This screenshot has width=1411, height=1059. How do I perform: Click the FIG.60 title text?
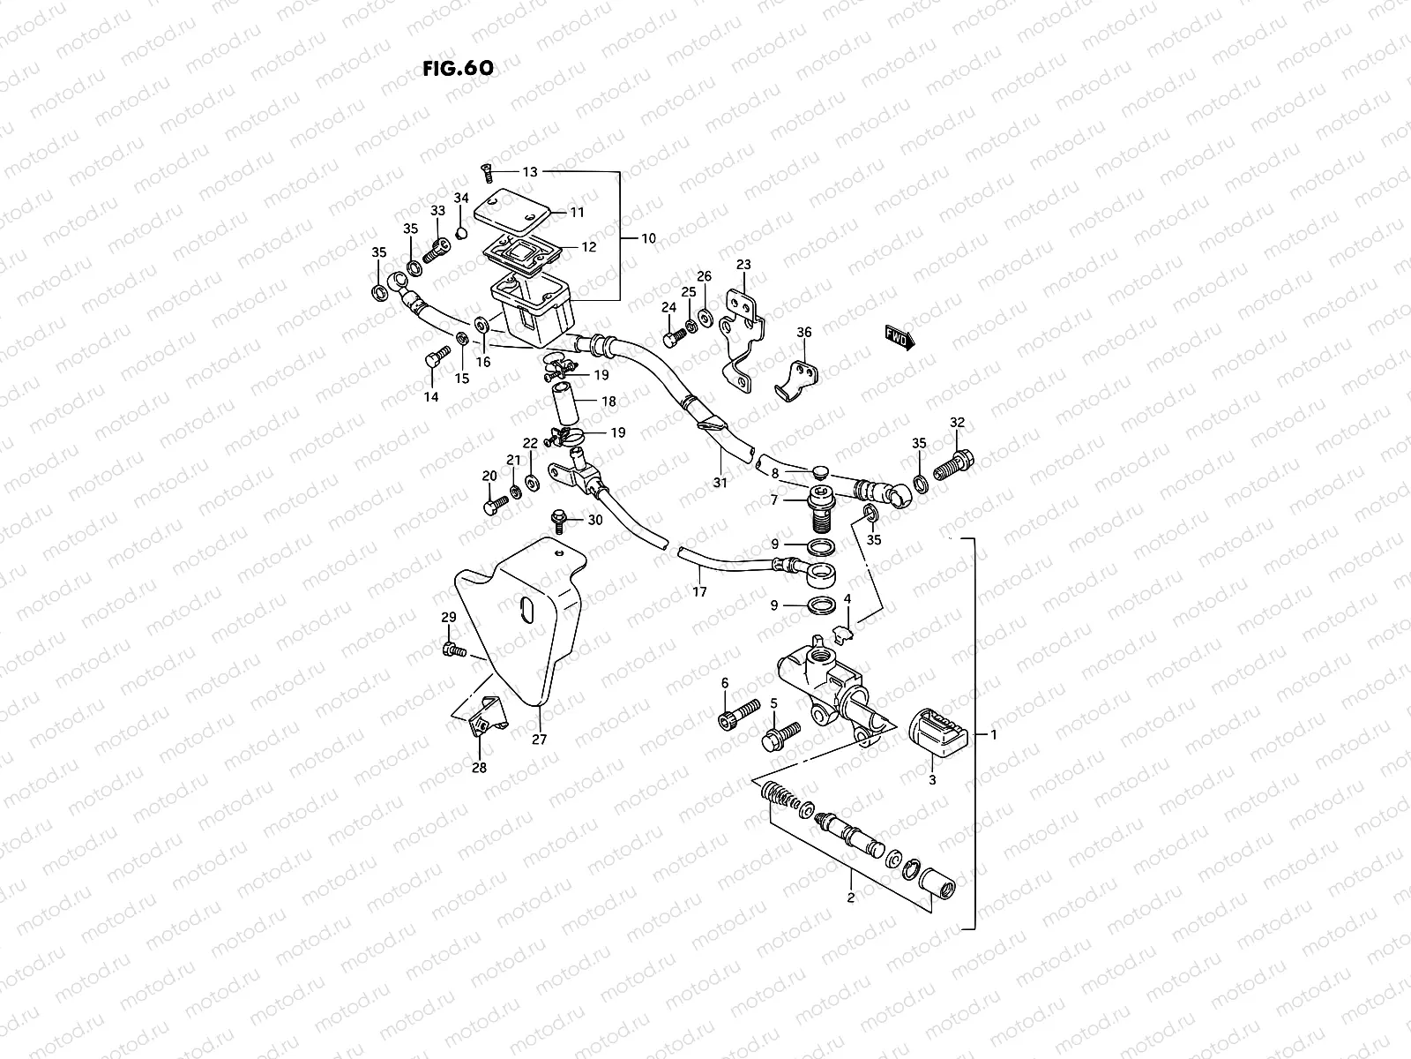pyautogui.click(x=456, y=69)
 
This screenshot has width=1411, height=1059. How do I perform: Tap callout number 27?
pyautogui.click(x=539, y=740)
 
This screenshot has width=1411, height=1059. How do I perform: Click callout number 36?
pyautogui.click(x=803, y=333)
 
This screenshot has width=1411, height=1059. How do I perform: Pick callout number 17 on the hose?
pyautogui.click(x=699, y=592)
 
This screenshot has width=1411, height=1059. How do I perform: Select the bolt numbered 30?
pyautogui.click(x=559, y=521)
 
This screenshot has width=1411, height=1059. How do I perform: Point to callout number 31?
pyautogui.click(x=720, y=483)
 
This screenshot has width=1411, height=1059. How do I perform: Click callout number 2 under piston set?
pyautogui.click(x=850, y=899)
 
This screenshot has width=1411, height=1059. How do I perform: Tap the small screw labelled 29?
pyautogui.click(x=452, y=650)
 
